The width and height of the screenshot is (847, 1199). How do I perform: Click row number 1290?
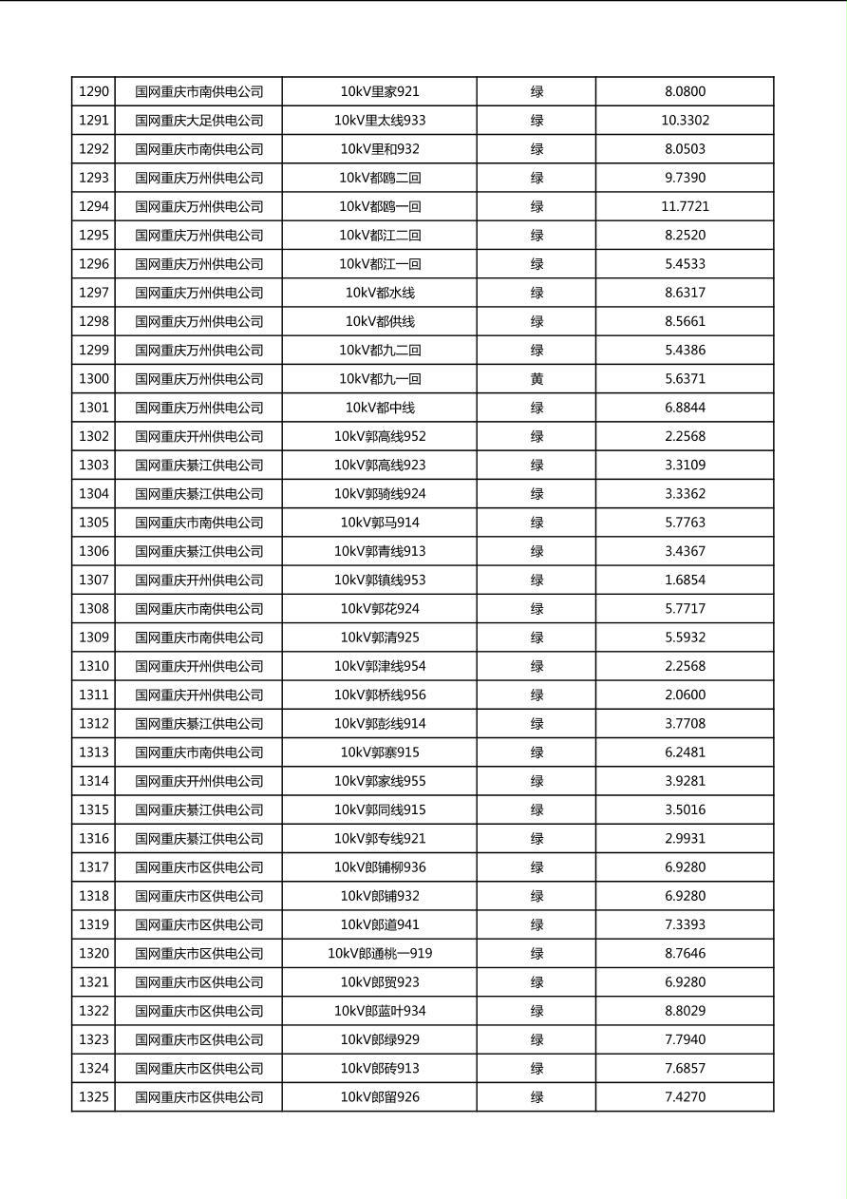pyautogui.click(x=94, y=92)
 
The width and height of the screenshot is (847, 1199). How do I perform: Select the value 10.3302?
pyautogui.click(x=685, y=121)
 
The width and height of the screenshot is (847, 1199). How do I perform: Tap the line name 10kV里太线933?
pyautogui.click(x=380, y=121)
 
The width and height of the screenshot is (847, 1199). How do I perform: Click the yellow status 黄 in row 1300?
pyautogui.click(x=536, y=379)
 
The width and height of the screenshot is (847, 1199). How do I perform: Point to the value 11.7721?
pyautogui.click(x=685, y=206)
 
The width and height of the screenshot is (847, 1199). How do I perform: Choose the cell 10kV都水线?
pyautogui.click(x=380, y=293)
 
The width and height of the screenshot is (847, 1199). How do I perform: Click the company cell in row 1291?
pyautogui.click(x=198, y=121)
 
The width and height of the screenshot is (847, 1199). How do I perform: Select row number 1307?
pyautogui.click(x=94, y=580)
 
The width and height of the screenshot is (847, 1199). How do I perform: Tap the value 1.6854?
pyautogui.click(x=685, y=580)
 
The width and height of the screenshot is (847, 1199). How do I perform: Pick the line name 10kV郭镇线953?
pyautogui.click(x=380, y=580)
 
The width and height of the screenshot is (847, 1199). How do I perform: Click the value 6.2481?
pyautogui.click(x=685, y=752)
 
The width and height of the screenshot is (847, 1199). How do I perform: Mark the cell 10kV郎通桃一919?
pyautogui.click(x=380, y=954)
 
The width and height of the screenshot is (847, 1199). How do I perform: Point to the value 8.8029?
pyautogui.click(x=685, y=1011)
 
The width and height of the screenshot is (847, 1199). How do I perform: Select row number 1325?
pyautogui.click(x=94, y=1097)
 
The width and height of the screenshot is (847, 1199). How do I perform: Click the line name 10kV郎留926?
pyautogui.click(x=380, y=1097)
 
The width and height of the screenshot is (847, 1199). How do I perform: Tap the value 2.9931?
pyautogui.click(x=685, y=839)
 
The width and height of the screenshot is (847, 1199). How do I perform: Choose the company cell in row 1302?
pyautogui.click(x=198, y=437)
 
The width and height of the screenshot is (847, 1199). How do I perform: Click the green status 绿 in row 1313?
pyautogui.click(x=536, y=752)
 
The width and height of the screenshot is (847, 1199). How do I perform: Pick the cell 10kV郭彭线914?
pyautogui.click(x=380, y=724)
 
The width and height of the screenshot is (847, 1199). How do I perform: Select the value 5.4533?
pyautogui.click(x=685, y=264)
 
